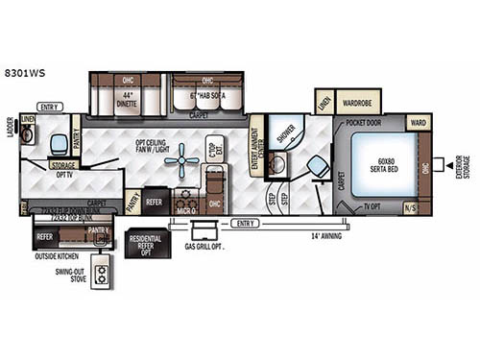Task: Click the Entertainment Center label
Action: point(256,145)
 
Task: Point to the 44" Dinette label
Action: point(127,98)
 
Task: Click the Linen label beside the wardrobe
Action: point(324,102)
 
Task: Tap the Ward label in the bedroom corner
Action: point(419,123)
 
